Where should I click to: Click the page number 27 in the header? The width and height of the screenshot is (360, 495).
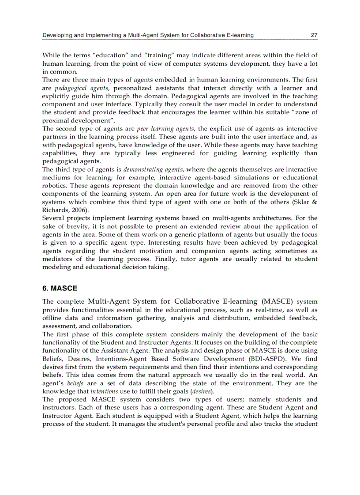pos(314,35)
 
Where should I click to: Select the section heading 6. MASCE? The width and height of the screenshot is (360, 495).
pos(60,288)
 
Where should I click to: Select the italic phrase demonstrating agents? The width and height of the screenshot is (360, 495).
pos(153,169)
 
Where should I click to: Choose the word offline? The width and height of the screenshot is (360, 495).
pos(53,318)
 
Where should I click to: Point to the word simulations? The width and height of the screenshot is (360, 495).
pos(250,178)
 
